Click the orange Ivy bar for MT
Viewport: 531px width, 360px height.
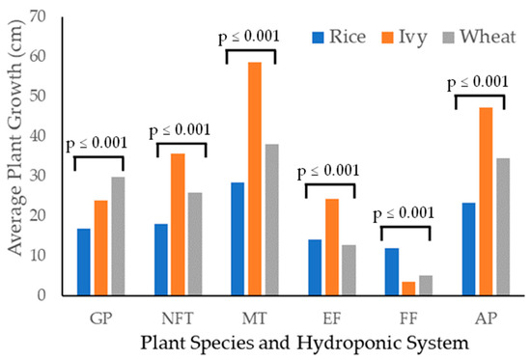[x=253, y=179]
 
